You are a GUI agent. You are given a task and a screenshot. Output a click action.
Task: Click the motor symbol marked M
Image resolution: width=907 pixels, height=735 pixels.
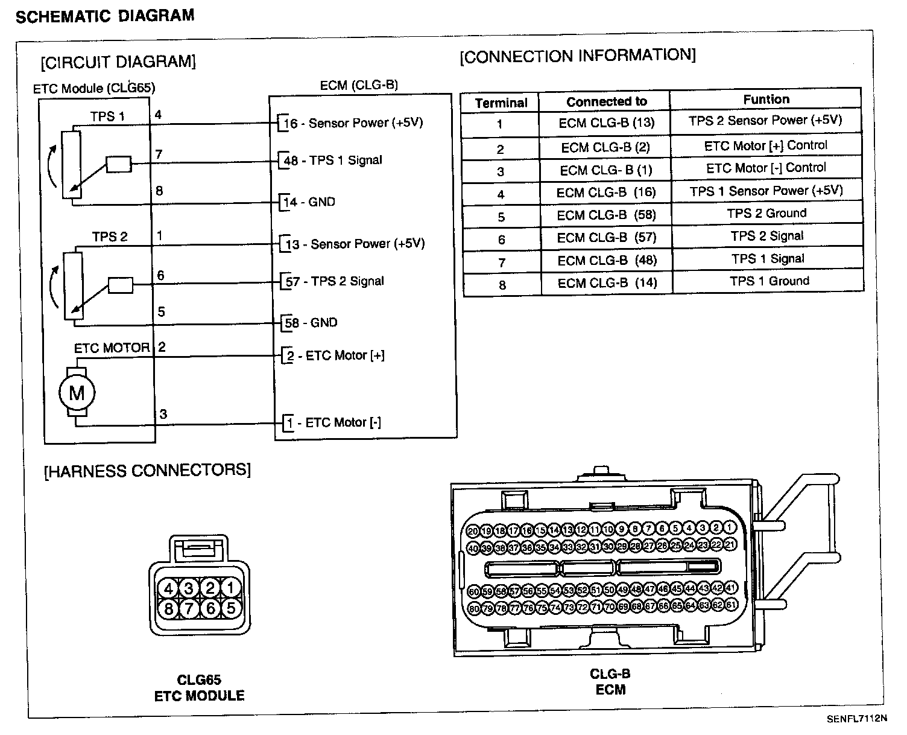(x=77, y=393)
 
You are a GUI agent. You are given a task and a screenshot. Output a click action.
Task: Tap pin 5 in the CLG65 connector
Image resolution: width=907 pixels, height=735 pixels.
(x=231, y=608)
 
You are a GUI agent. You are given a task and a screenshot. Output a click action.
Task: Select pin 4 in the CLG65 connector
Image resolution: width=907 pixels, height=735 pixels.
(x=169, y=588)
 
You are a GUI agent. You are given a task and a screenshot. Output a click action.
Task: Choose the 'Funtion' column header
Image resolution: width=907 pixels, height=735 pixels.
(x=766, y=100)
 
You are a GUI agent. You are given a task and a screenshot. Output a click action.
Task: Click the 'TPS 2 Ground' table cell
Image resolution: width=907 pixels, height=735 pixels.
(x=766, y=213)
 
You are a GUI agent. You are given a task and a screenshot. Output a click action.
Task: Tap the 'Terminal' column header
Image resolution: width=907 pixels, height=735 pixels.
(x=501, y=103)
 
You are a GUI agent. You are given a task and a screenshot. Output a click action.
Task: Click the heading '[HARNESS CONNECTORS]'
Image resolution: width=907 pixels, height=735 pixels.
(x=148, y=470)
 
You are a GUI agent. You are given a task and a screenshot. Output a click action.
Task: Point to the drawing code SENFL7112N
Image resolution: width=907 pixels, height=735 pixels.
(x=856, y=719)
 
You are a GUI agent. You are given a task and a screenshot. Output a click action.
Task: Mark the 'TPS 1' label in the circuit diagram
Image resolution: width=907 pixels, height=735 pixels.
(x=107, y=116)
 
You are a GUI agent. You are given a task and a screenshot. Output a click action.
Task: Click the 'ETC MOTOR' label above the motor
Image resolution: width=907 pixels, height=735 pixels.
(x=112, y=348)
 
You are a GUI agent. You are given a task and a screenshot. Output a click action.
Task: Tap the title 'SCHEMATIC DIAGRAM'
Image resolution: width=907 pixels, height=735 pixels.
(x=105, y=16)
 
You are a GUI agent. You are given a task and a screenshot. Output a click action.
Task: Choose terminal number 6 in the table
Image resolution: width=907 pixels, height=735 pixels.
(x=502, y=240)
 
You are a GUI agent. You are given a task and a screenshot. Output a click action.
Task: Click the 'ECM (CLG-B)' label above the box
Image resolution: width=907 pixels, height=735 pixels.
(x=359, y=86)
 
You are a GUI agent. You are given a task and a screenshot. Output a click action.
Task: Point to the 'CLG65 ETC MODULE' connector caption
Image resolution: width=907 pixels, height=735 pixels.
(x=199, y=688)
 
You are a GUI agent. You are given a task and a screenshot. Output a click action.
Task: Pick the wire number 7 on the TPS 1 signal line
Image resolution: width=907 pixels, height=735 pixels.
(x=159, y=154)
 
